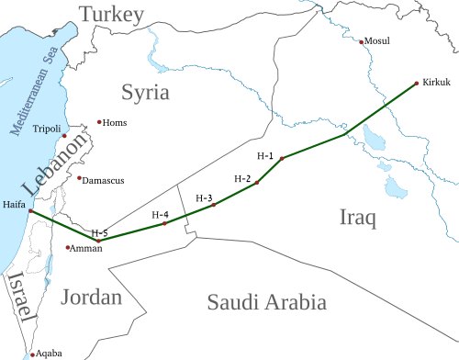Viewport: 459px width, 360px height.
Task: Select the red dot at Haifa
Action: [x=30, y=212]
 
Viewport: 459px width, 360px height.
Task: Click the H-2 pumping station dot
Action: [x=257, y=183]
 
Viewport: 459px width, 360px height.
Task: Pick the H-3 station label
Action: [x=204, y=197]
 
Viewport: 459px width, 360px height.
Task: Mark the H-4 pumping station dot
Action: [x=164, y=223]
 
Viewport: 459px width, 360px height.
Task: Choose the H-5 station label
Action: [x=100, y=231]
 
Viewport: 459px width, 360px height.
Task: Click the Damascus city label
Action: [x=104, y=181]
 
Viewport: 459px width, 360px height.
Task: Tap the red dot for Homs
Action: [x=99, y=122]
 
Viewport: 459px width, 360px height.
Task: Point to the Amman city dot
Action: [x=67, y=248]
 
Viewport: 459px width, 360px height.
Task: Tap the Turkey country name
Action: [x=111, y=14]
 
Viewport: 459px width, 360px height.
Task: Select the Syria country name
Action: [x=145, y=93]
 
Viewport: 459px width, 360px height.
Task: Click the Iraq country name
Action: [x=358, y=218]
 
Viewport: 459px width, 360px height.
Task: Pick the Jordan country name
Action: [x=93, y=298]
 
